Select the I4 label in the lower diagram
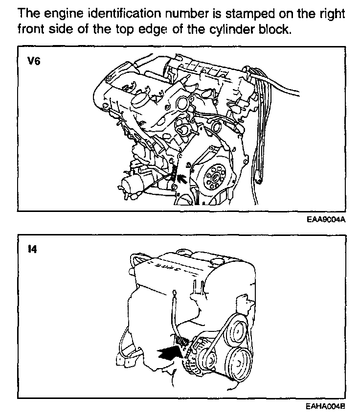[32, 250]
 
